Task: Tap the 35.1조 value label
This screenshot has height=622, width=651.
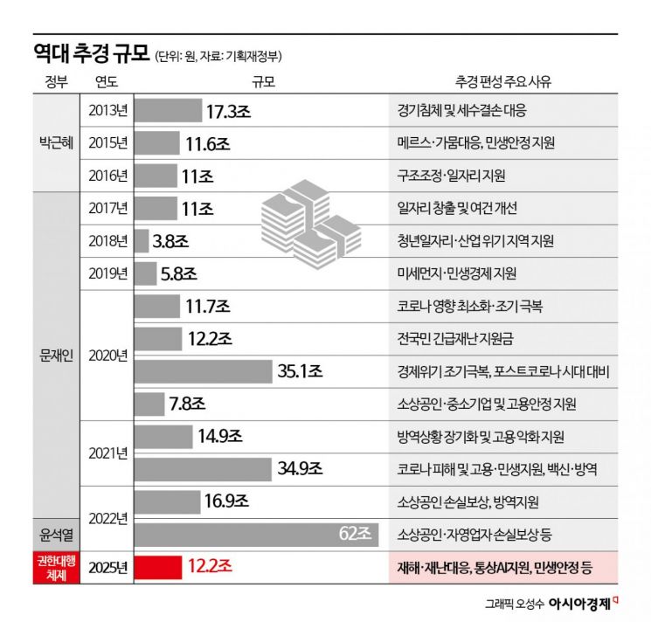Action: (x=300, y=371)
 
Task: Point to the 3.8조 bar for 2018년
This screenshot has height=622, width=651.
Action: (x=140, y=241)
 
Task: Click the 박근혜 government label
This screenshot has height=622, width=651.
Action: (x=54, y=142)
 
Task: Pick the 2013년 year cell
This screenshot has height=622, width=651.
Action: (x=107, y=111)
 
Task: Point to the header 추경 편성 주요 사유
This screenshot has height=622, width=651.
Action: (x=502, y=82)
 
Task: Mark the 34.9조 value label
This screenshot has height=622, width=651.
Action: (x=300, y=469)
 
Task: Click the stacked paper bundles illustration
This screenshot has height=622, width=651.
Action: (x=308, y=222)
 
